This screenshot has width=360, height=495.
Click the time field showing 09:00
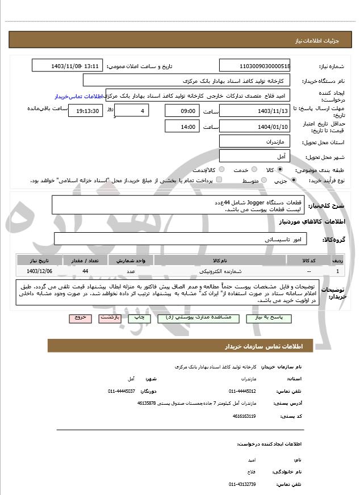[182, 111]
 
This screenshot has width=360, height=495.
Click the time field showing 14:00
[182, 127]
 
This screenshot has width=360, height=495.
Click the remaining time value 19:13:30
[85, 111]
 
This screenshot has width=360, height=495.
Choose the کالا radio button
[280, 170]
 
